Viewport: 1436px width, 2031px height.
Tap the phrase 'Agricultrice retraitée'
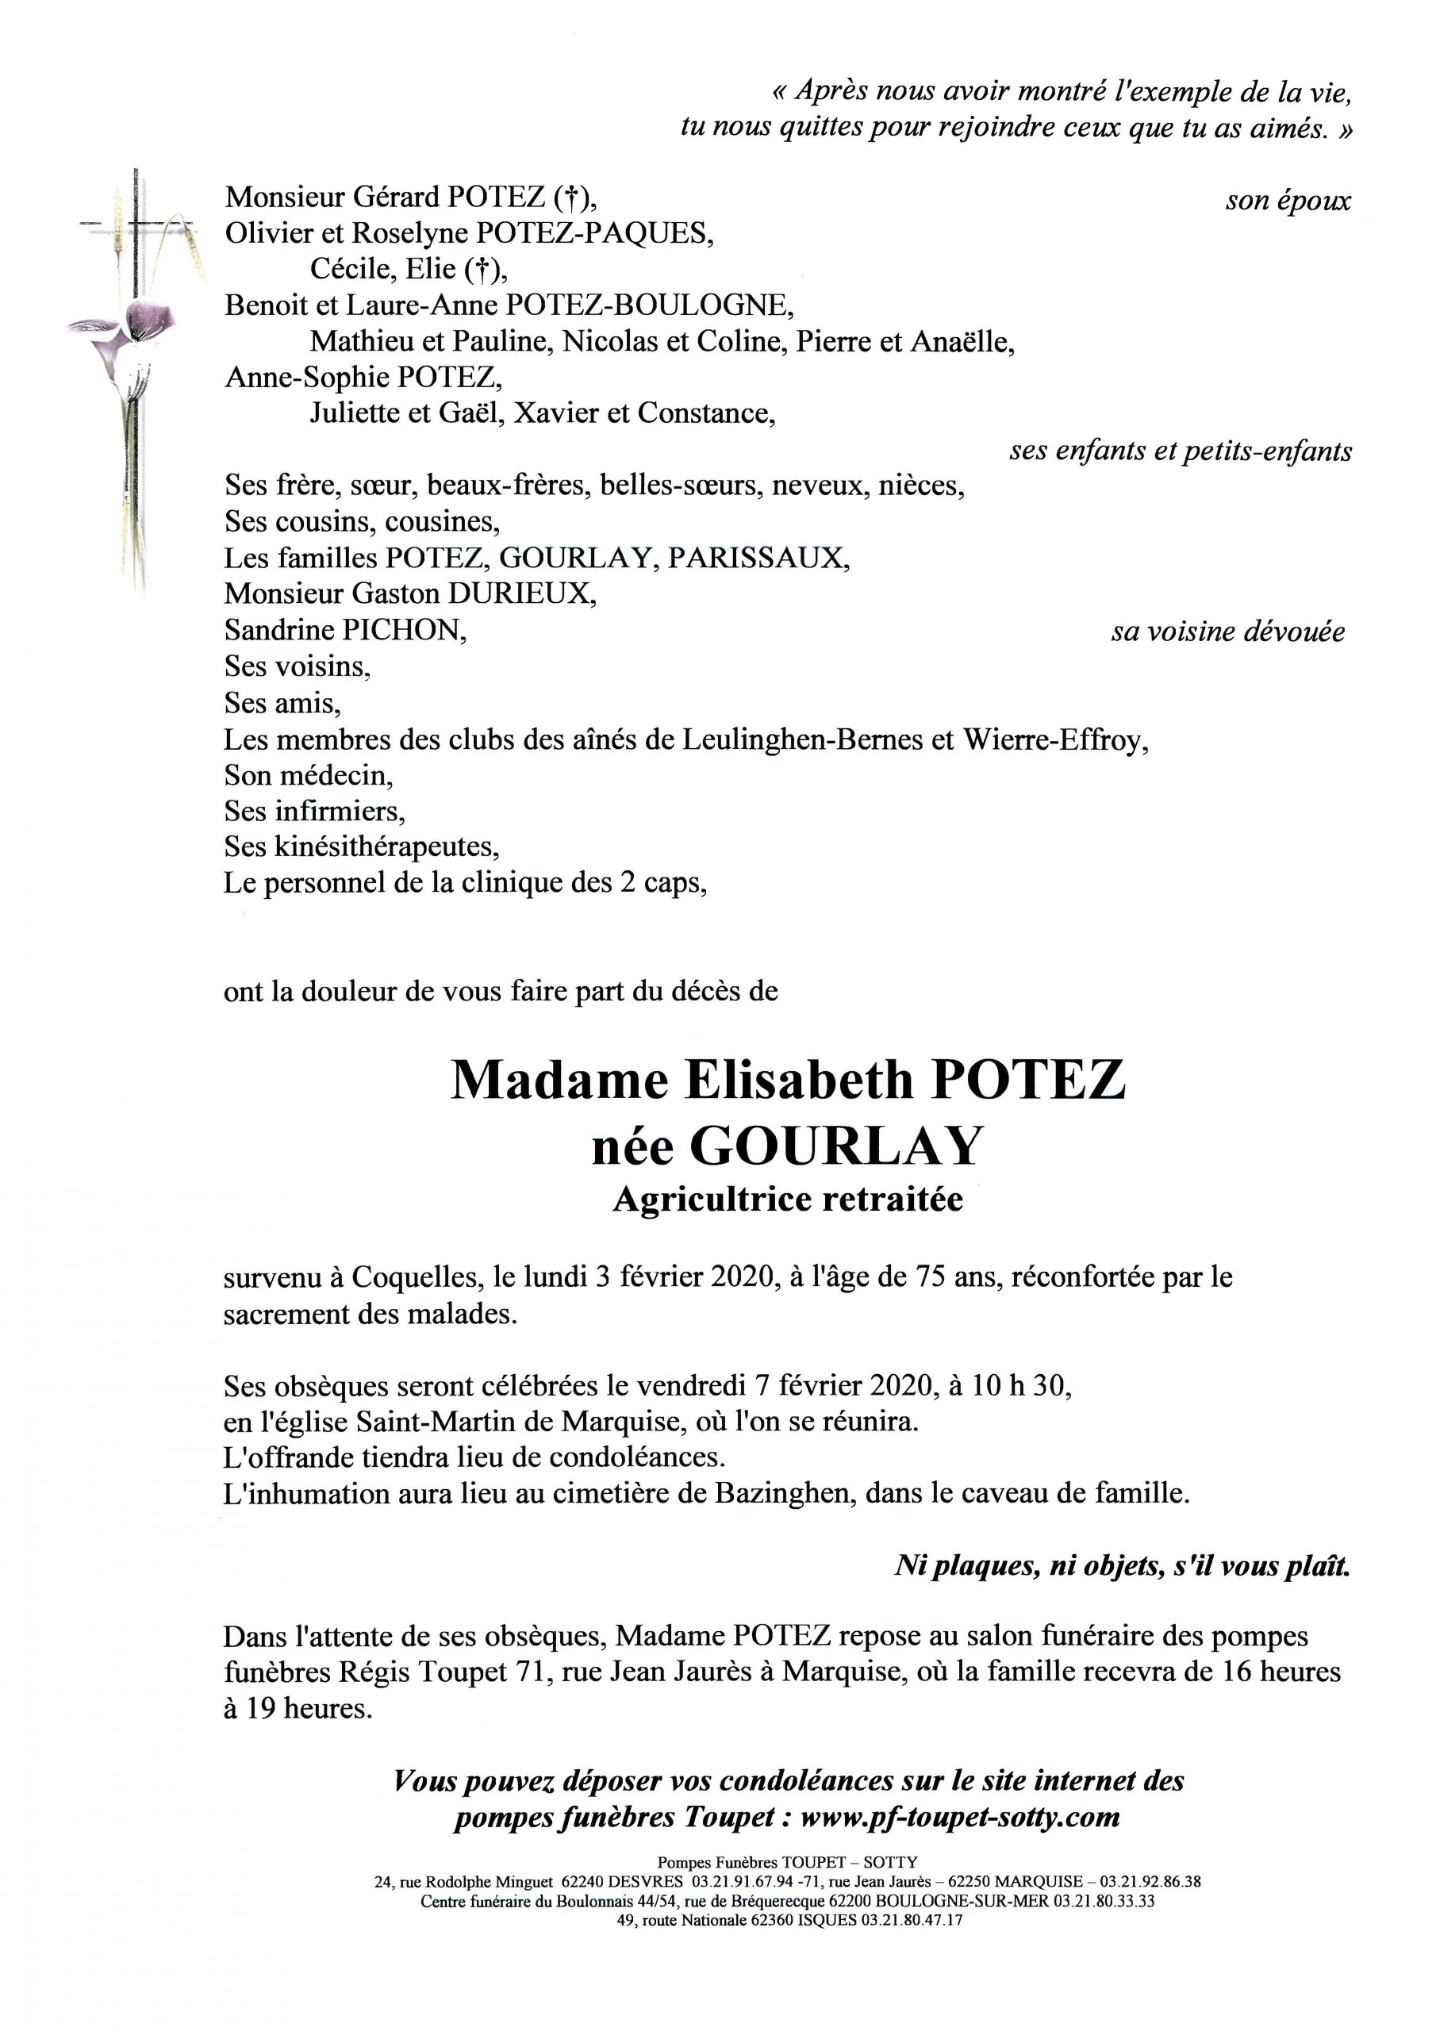point(788,1200)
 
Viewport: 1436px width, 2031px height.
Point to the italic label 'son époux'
point(1288,202)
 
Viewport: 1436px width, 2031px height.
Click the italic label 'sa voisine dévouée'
point(1227,632)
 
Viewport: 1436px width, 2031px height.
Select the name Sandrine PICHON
point(345,630)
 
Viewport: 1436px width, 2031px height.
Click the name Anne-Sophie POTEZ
point(363,378)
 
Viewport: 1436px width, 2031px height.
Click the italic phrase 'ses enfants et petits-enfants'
point(1181,451)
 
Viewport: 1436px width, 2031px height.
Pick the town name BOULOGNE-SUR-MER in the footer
point(980,1901)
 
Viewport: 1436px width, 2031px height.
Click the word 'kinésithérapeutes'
point(386,847)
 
